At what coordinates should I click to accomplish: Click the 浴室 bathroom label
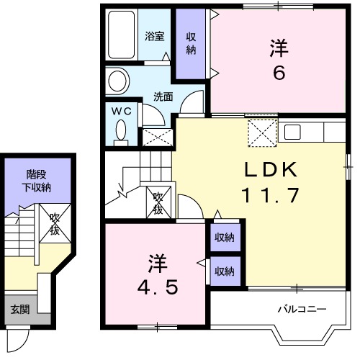coord(155,36)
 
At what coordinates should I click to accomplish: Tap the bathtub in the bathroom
coord(121,35)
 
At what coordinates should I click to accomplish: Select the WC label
coord(122,111)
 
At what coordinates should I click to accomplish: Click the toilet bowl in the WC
coord(121,131)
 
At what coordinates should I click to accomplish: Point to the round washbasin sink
coord(117,81)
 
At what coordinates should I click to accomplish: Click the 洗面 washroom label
coord(163,96)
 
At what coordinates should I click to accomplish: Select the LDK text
coord(271,170)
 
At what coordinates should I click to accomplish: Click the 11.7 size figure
coord(271,195)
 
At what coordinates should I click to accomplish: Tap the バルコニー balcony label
coord(302,309)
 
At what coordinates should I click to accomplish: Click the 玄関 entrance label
coord(20,310)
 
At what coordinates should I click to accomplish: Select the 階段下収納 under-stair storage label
coord(37,181)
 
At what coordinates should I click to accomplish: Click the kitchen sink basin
coord(292,132)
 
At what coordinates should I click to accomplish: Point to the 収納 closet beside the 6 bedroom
coord(191,44)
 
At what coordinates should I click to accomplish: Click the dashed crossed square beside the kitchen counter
coord(262,132)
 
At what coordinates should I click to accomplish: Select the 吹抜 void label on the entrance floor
coord(55,224)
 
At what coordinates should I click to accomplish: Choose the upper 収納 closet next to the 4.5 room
coord(225,238)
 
